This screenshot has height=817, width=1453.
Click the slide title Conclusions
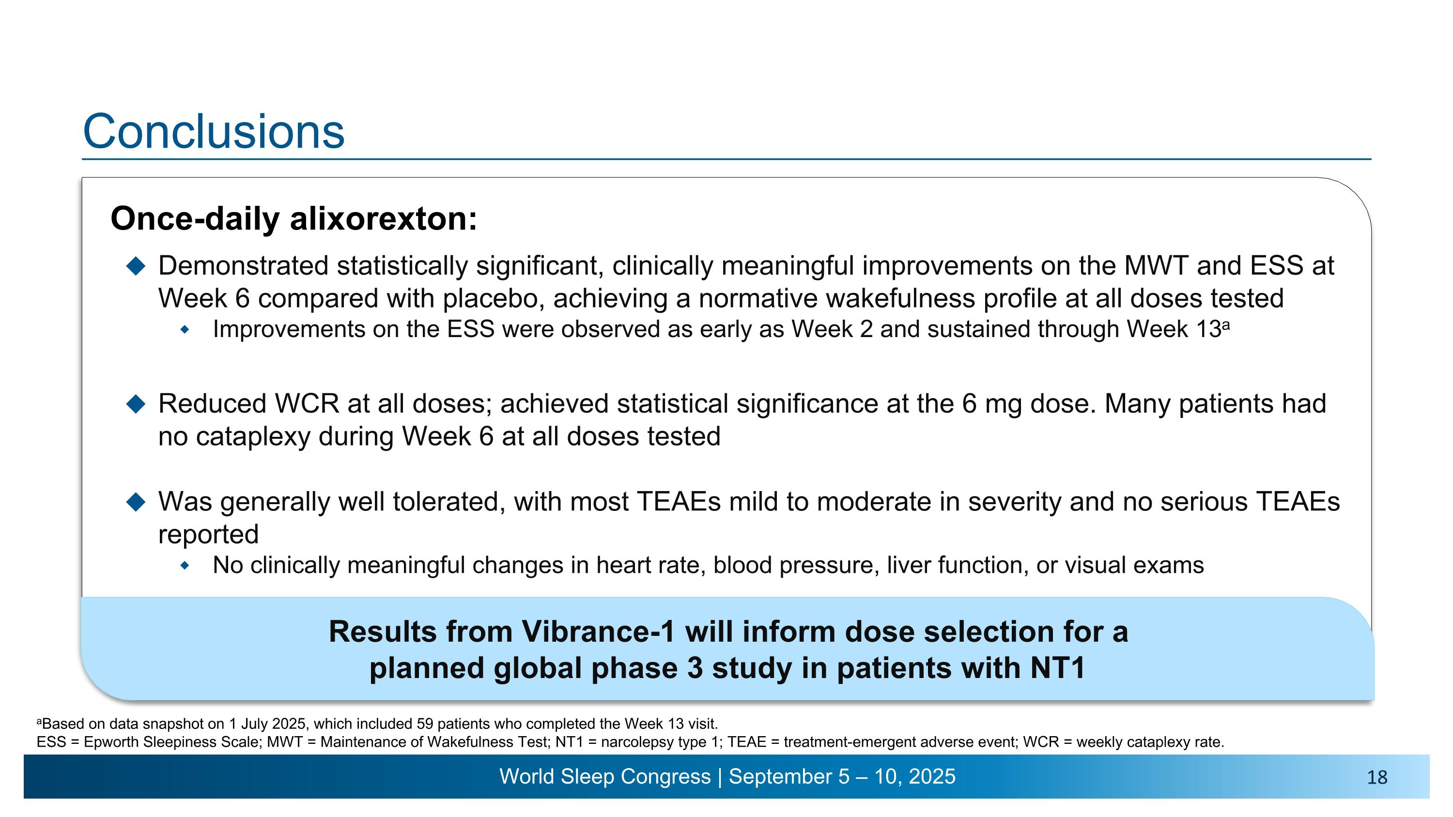pos(213,131)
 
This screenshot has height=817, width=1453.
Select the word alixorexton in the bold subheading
pos(384,219)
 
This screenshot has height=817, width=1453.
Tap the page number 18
pos(1377,778)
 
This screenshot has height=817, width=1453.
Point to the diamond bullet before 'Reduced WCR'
pos(136,404)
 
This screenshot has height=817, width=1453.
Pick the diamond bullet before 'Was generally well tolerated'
pos(136,502)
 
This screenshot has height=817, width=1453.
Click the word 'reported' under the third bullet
pos(208,535)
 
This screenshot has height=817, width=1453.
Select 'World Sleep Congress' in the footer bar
pos(604,777)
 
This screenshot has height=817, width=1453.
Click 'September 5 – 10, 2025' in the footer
pos(842,777)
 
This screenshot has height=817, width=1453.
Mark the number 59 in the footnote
pos(425,724)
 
